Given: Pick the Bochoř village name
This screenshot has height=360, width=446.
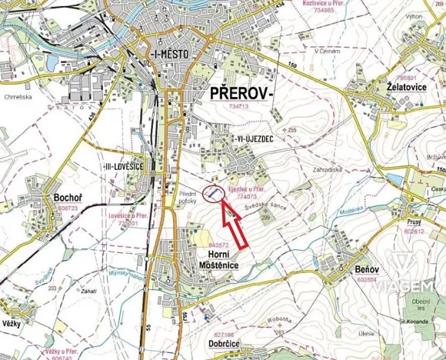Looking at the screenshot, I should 68,198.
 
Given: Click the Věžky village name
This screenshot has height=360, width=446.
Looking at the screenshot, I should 11,322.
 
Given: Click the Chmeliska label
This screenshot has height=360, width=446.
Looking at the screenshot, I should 16,97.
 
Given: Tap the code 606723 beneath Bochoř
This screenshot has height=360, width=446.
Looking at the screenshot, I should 68,208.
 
